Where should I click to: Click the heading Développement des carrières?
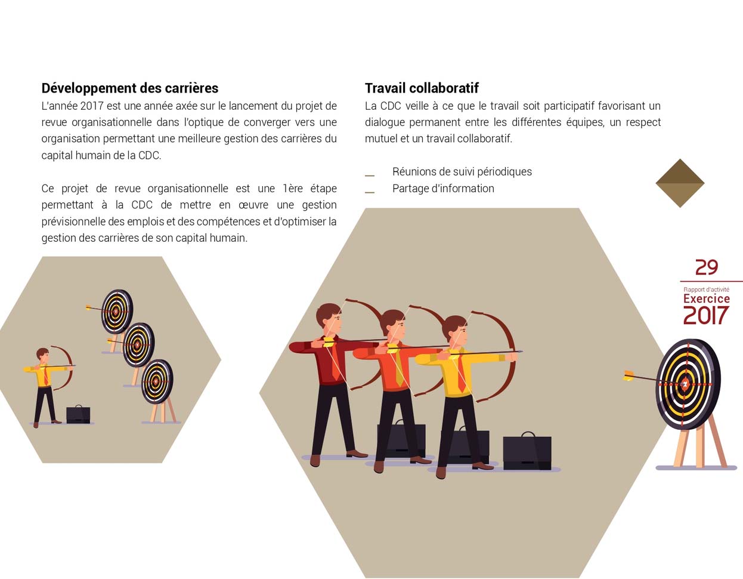click(130, 88)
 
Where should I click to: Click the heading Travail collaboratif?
click(422, 88)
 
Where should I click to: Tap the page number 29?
click(707, 267)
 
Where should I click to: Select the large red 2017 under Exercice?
click(705, 315)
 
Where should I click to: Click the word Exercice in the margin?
click(707, 298)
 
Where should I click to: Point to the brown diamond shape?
click(680, 183)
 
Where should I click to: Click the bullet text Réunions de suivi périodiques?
click(462, 171)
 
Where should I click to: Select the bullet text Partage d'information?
click(443, 189)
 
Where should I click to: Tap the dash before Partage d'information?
click(370, 192)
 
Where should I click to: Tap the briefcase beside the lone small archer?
click(78, 414)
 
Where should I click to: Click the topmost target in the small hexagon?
click(117, 312)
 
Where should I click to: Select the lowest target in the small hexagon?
click(157, 381)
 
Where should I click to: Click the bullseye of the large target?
click(685, 384)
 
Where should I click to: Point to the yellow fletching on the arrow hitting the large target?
click(629, 375)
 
